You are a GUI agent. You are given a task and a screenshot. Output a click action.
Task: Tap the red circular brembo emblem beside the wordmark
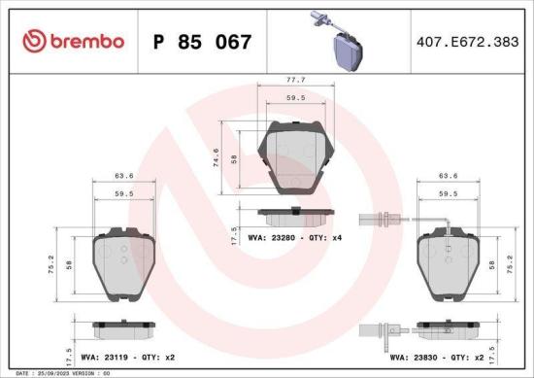33,41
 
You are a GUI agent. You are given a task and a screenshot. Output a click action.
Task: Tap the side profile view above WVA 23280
296,213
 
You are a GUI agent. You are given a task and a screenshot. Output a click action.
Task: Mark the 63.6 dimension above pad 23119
122,177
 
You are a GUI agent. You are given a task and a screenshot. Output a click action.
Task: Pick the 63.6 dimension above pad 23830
448,177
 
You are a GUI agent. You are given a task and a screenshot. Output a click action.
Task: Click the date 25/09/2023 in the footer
56,373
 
